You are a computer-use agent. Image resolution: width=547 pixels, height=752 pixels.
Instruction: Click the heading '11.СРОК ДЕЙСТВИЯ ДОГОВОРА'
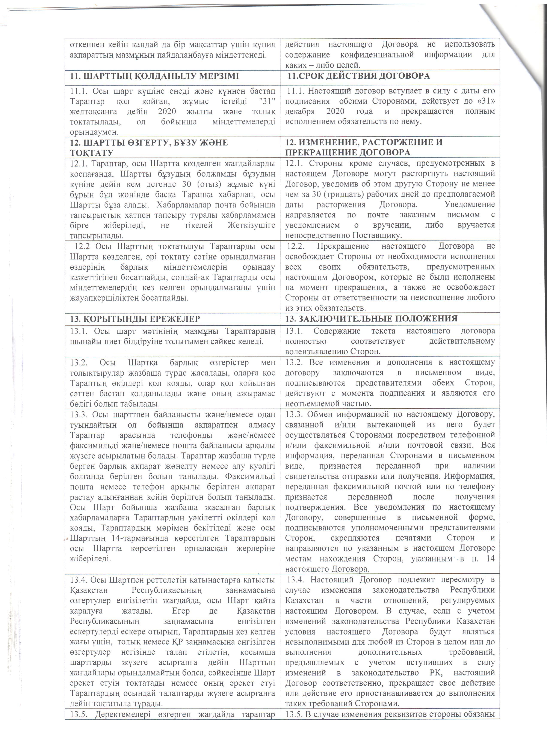click(x=359, y=76)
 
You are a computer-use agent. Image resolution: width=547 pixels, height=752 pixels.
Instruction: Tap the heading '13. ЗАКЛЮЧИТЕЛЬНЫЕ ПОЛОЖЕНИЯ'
click(x=372, y=319)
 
